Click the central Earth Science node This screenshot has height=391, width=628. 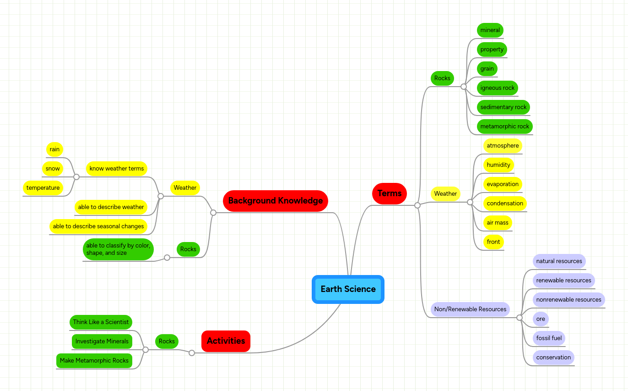click(348, 289)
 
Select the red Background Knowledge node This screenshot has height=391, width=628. click(275, 201)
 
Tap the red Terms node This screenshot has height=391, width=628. click(390, 193)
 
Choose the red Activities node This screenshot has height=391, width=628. click(226, 341)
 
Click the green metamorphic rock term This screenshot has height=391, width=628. click(504, 127)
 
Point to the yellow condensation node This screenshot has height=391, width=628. click(505, 204)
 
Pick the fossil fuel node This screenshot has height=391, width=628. click(549, 338)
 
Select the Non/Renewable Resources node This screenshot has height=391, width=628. click(470, 309)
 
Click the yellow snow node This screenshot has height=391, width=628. click(53, 169)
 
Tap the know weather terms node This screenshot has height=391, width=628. click(117, 169)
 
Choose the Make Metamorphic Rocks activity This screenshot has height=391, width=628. click(94, 361)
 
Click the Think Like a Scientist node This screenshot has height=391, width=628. click(101, 322)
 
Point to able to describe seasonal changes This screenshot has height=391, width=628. click(98, 226)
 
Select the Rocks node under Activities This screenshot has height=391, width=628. click(167, 341)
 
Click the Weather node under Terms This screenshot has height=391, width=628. click(445, 194)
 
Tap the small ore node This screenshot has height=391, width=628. click(541, 319)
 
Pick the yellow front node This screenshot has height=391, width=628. click(493, 242)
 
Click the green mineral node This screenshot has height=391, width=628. click(490, 30)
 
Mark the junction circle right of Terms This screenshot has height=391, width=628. click(417, 205)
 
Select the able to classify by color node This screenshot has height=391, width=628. click(118, 249)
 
